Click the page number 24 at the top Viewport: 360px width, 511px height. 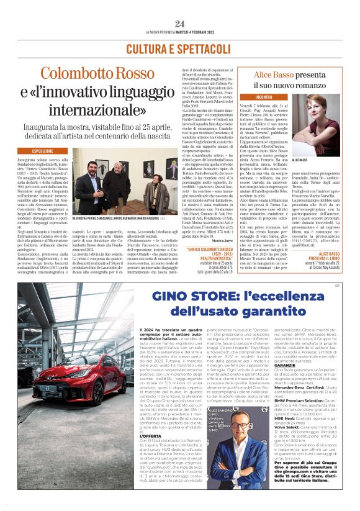[179, 23]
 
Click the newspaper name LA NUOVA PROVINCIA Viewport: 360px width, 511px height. [158, 32]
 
